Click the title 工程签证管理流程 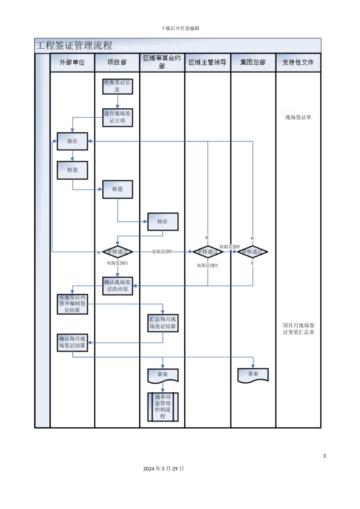point(74,46)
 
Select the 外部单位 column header point(72,62)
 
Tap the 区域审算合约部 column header point(162,62)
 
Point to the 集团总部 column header point(253,62)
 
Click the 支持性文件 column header point(298,62)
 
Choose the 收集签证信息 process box point(117,86)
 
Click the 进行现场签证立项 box point(117,117)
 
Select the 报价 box point(72,141)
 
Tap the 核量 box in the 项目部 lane point(117,189)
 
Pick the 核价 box point(163,222)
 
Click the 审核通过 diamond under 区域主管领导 point(207,252)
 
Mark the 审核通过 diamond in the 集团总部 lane point(252,252)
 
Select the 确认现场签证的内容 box point(117,286)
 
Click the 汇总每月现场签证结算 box point(163,323)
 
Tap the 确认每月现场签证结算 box point(72,342)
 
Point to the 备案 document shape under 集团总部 point(253,375)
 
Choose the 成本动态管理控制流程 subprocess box point(163,407)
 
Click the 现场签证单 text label point(298,117)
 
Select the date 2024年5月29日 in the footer point(163,469)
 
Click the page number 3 point(324,456)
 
